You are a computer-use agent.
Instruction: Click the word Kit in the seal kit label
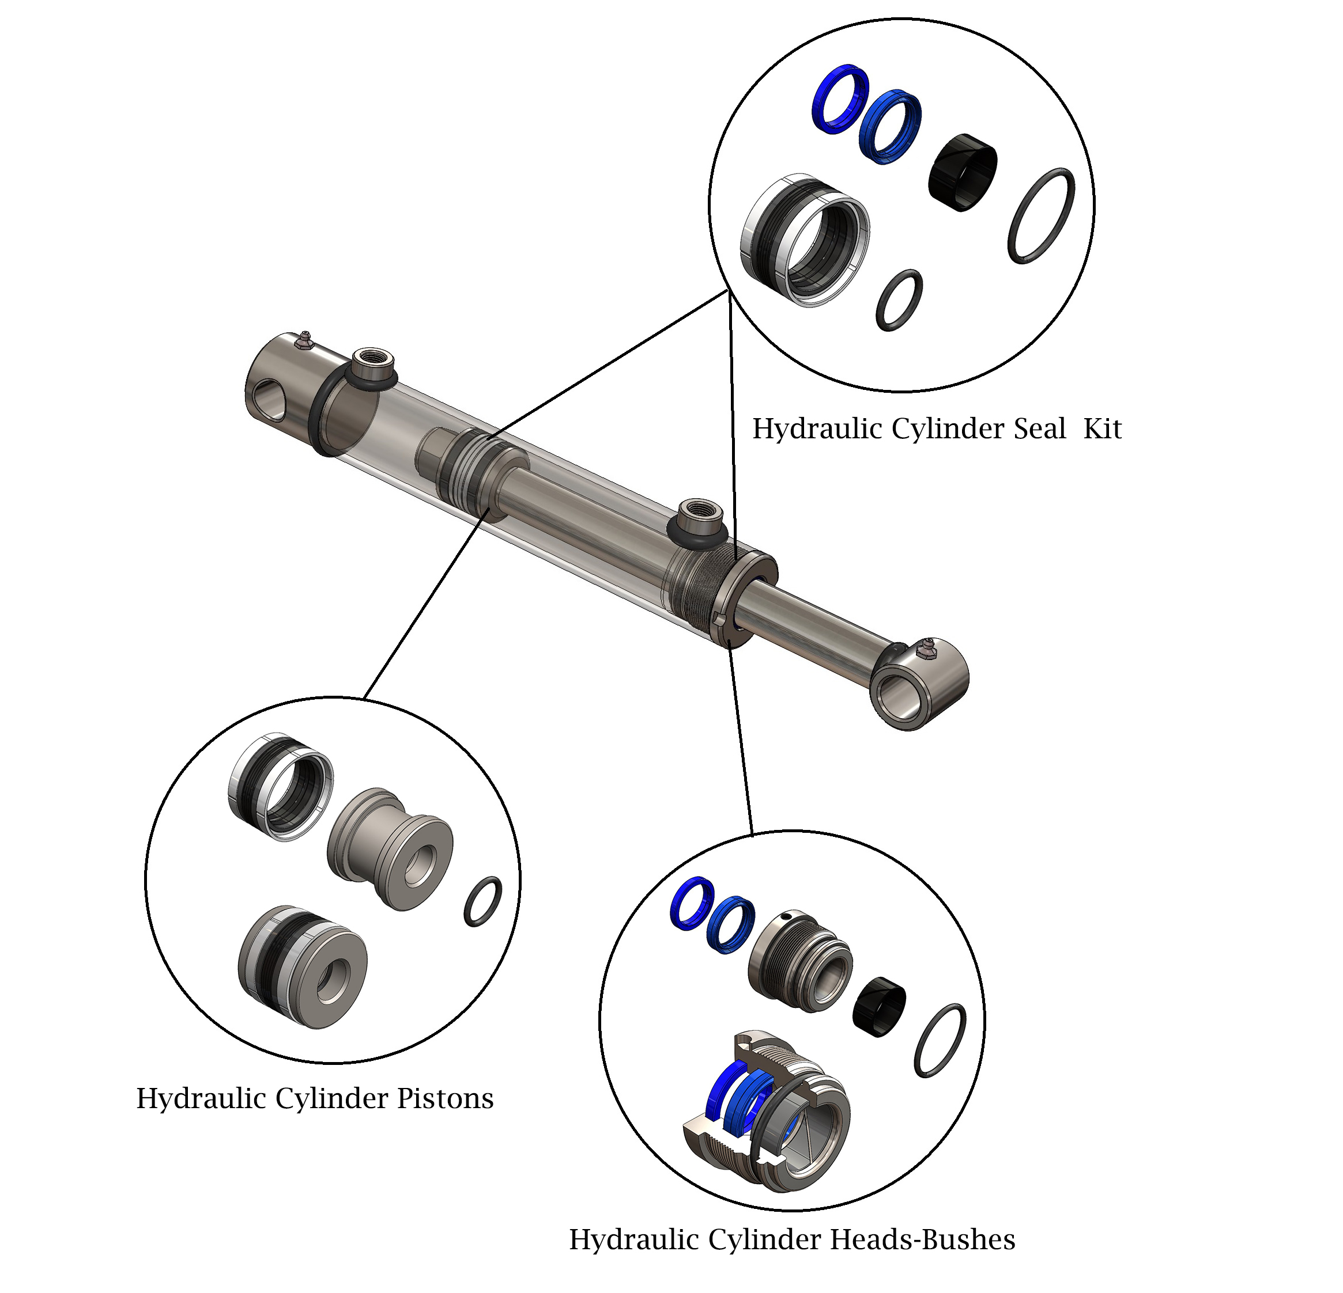coord(1102,430)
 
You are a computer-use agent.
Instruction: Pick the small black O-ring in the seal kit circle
coord(899,300)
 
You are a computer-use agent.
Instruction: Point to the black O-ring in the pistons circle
coord(482,901)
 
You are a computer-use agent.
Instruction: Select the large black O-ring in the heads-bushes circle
coord(940,1040)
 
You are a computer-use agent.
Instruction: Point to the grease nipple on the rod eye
coord(926,647)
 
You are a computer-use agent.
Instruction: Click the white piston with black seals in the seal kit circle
coord(805,239)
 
